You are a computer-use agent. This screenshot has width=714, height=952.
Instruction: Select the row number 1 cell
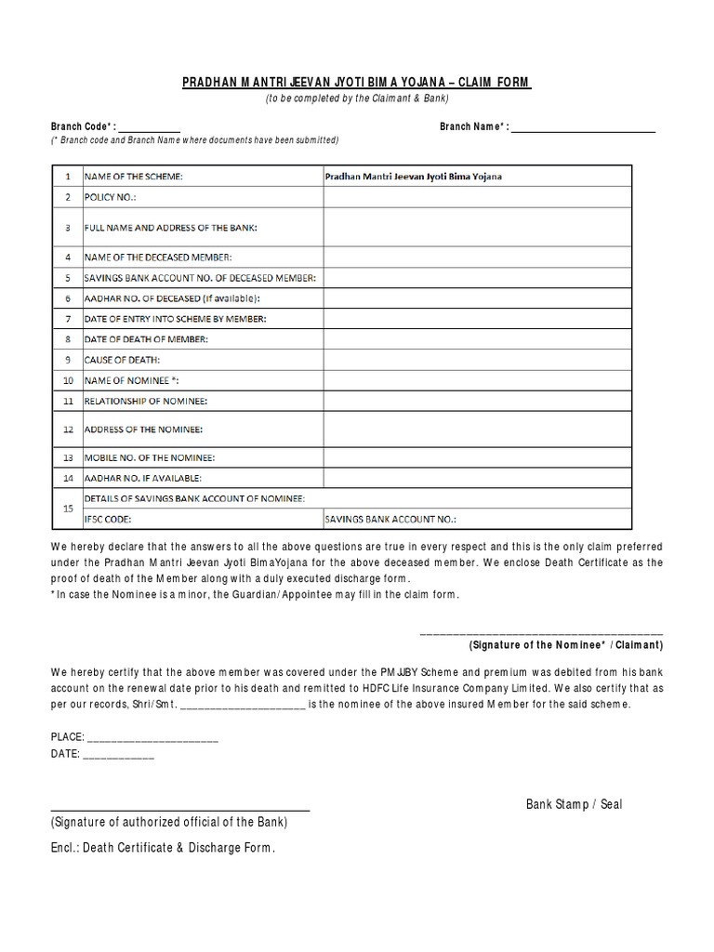click(67, 176)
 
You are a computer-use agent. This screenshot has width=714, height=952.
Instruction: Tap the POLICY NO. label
click(111, 197)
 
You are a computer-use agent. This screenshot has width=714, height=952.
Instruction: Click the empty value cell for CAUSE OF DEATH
click(478, 359)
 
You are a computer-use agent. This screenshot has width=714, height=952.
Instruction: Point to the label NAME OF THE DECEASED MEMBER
click(158, 257)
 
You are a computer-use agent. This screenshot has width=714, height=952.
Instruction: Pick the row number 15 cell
click(67, 509)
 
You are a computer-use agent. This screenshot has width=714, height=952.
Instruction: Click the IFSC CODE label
click(108, 520)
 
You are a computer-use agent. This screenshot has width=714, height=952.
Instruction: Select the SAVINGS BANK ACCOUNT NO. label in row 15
click(390, 520)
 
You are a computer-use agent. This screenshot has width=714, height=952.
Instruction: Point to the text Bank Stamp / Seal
click(574, 804)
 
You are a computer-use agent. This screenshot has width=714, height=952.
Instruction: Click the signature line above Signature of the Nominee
click(541, 632)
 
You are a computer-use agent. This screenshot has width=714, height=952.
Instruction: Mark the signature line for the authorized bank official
click(179, 810)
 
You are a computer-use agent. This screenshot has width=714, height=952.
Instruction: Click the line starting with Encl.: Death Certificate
click(163, 848)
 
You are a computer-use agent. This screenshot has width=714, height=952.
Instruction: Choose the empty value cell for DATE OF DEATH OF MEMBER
click(478, 339)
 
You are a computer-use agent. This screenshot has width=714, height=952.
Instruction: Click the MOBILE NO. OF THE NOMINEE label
click(150, 458)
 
